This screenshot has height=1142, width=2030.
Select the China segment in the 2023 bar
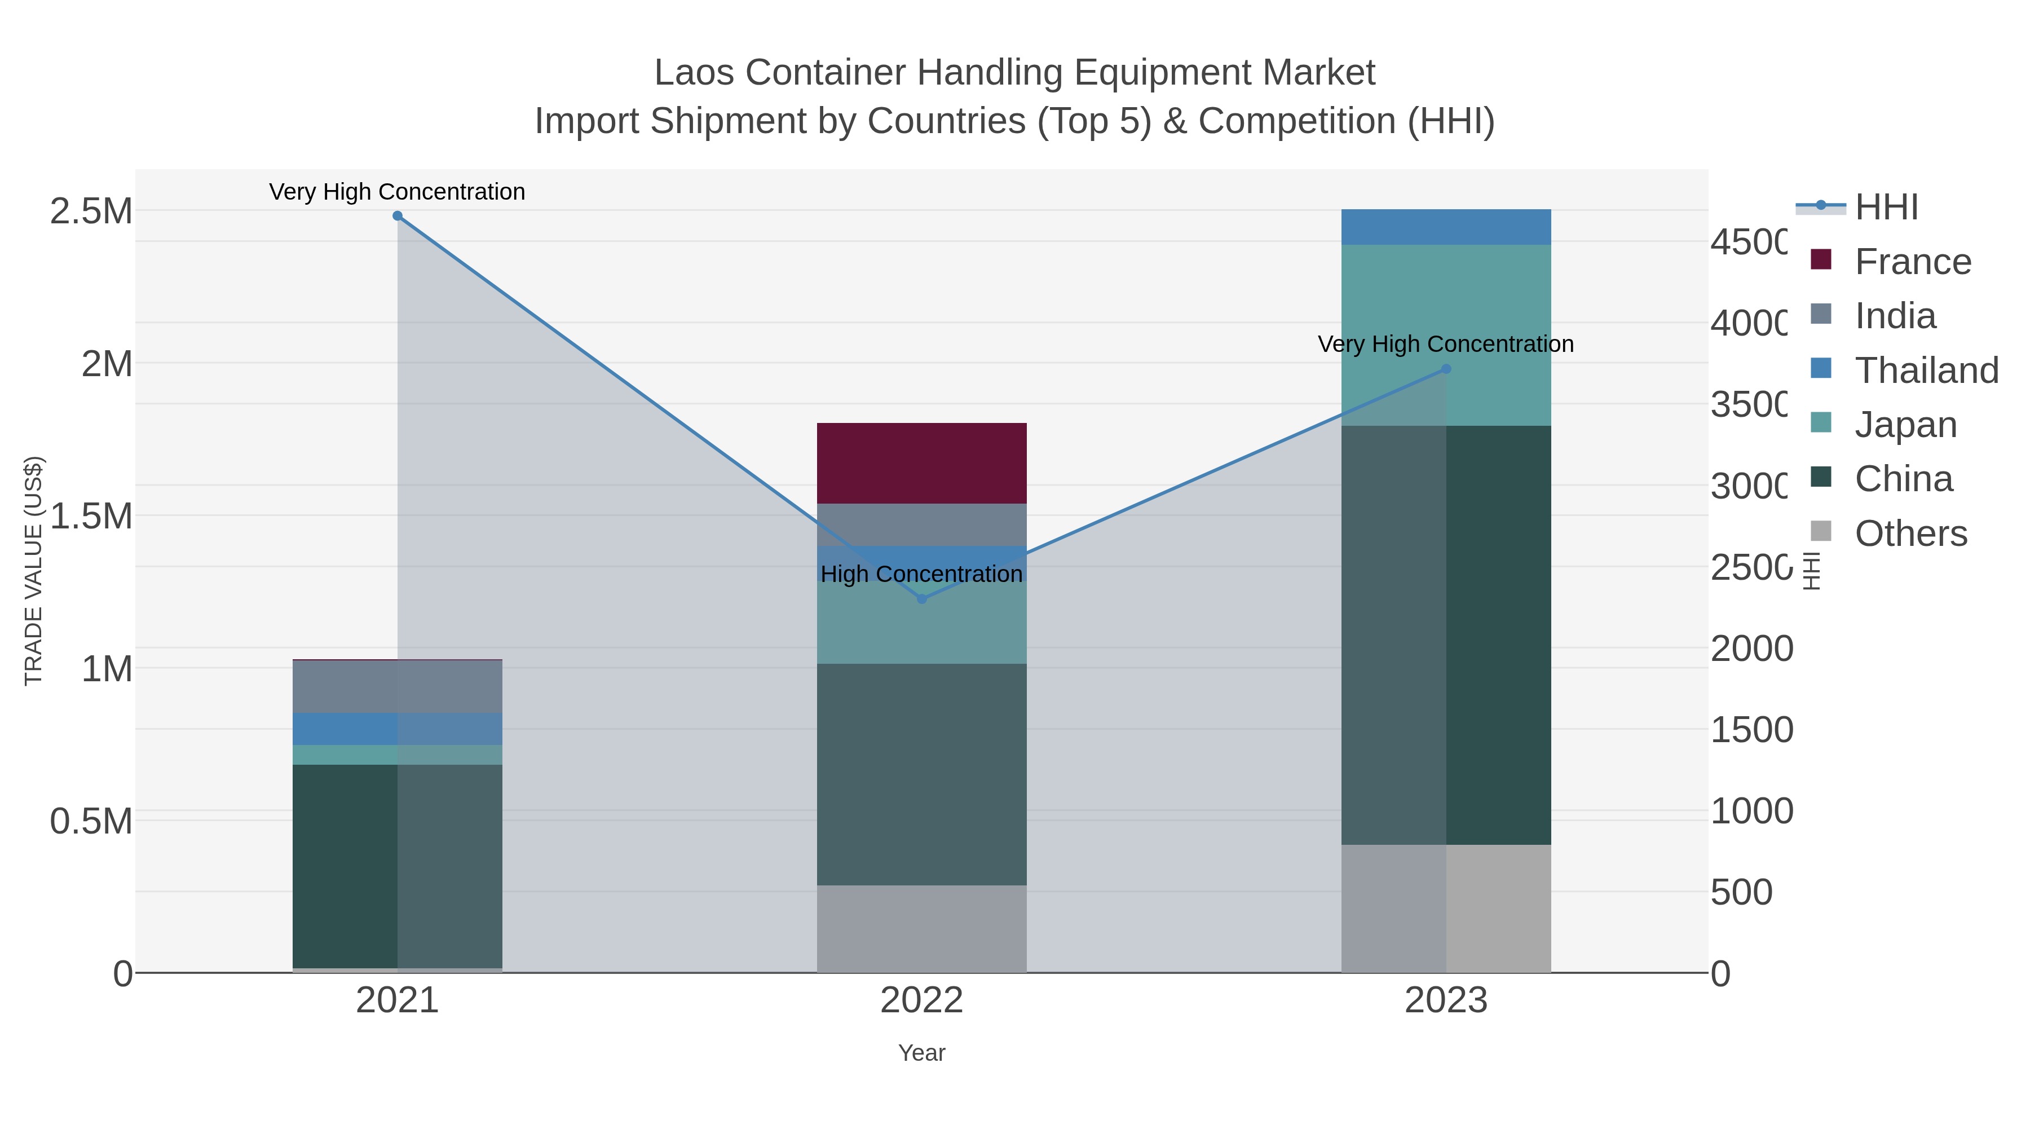[x=1445, y=634]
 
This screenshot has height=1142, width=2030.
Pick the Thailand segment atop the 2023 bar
[x=1445, y=227]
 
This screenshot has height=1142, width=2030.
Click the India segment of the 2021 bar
[x=397, y=686]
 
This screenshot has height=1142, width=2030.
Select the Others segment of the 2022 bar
[x=921, y=928]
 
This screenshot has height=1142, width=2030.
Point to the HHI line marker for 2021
[x=397, y=216]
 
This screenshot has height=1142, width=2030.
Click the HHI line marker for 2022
[x=922, y=599]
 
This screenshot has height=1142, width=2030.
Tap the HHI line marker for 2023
[x=1445, y=369]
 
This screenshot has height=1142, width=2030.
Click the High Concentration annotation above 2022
[x=921, y=574]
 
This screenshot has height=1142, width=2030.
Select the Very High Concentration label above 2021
[x=397, y=192]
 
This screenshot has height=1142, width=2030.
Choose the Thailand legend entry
[x=1926, y=371]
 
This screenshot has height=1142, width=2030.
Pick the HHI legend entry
[x=1885, y=208]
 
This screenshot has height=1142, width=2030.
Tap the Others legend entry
[x=1910, y=533]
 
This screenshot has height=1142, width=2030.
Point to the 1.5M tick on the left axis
[x=91, y=516]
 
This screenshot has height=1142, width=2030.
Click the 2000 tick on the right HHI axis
[x=1751, y=649]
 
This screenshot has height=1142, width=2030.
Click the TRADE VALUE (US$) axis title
[x=33, y=571]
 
